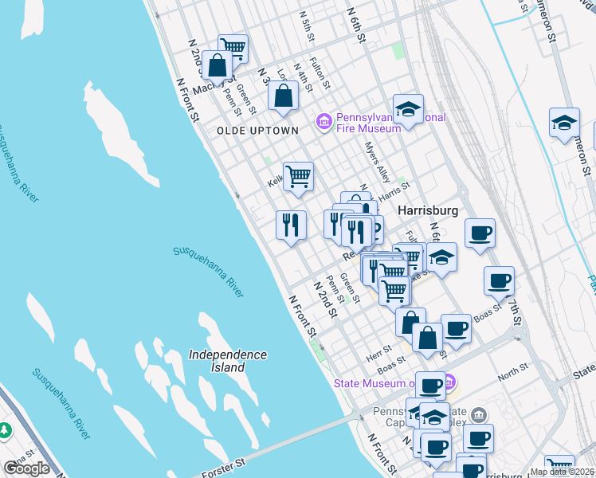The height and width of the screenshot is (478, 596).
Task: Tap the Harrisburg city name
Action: click(x=428, y=210)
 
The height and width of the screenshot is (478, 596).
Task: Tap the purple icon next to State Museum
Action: click(x=448, y=383)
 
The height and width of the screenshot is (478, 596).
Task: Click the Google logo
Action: click(x=26, y=468)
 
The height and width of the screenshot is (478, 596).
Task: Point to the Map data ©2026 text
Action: click(x=561, y=472)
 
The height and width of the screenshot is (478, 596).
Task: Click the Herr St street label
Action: click(x=380, y=348)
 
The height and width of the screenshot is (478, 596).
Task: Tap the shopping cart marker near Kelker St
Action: click(x=298, y=176)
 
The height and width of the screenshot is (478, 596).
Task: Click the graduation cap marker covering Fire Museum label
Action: click(x=408, y=109)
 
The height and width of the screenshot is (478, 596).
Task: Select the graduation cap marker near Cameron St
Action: click(x=564, y=123)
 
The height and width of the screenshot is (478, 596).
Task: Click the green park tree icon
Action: click(x=6, y=429)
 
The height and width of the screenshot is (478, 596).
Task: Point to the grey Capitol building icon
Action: click(x=478, y=414)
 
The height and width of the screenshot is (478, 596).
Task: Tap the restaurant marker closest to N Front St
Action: click(x=291, y=224)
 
